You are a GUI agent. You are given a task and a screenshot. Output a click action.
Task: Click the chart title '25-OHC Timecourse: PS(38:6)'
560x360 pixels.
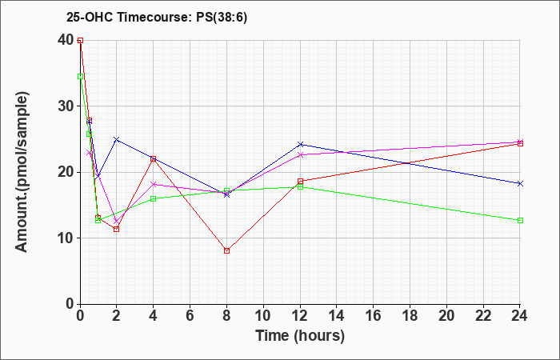pos(157,18)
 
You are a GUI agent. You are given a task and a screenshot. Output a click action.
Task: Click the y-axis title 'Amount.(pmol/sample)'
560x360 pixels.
pos(22,172)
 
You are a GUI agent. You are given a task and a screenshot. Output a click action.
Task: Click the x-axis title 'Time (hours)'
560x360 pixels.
pos(300,336)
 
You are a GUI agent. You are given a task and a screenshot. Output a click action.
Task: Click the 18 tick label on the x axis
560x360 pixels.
pos(410,316)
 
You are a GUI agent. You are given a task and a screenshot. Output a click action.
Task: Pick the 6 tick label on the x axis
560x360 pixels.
pos(190,316)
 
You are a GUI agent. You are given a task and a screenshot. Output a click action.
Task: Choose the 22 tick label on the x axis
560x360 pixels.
pos(483,316)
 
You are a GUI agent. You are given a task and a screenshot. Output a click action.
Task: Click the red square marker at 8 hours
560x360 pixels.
pos(226,250)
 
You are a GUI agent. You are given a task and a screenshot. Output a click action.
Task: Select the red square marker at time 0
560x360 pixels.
pos(80,40)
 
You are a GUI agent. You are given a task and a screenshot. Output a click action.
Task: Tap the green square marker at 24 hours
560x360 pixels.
pos(520,220)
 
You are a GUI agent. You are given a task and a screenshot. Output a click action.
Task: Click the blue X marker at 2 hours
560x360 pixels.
pos(117,139)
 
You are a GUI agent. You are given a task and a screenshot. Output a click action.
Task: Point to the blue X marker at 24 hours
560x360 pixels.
pos(520,183)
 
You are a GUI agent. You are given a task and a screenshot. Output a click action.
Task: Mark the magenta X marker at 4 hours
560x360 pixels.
pos(154,184)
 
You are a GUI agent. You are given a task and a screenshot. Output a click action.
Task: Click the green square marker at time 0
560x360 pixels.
pos(80,77)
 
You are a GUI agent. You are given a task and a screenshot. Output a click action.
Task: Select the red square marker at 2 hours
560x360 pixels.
pos(117,230)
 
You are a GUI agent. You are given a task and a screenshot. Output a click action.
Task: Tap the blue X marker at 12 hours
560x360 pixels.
pos(300,144)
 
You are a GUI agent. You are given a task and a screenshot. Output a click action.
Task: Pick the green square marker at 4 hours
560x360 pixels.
pos(154,199)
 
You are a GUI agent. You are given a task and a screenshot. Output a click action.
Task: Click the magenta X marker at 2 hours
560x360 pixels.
pos(117,222)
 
